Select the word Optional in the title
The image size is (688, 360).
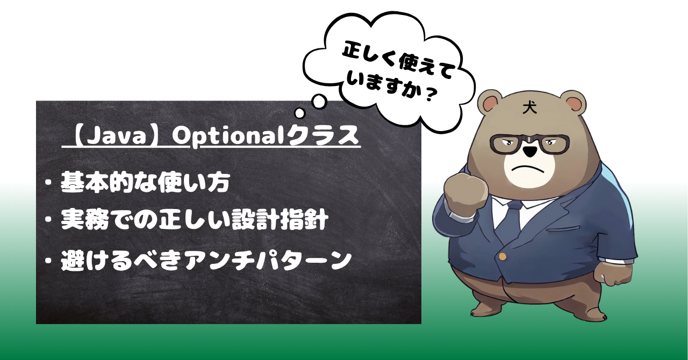[228, 135]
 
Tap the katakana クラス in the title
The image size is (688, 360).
[321, 135]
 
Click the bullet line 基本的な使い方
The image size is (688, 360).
[145, 183]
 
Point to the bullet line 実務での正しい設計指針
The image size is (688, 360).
[195, 220]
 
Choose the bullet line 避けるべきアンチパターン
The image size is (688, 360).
[206, 260]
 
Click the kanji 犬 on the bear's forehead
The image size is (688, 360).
[530, 107]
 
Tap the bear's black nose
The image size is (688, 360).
[531, 151]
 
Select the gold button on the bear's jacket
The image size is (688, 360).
[503, 256]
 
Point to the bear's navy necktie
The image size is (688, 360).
[511, 221]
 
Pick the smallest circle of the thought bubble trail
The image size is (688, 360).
[300, 113]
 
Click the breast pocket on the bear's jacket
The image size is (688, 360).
[564, 228]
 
